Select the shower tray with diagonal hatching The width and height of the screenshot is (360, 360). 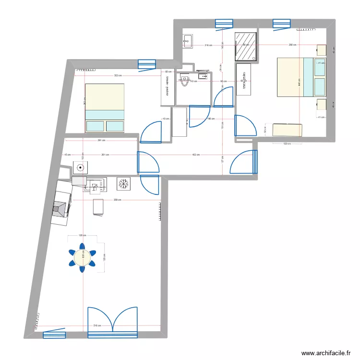point(246,46)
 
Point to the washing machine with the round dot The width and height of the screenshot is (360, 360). point(81,168)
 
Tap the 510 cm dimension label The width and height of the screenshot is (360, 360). point(97,326)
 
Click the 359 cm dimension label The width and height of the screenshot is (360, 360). point(117,200)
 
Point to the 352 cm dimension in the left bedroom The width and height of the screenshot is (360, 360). point(117,75)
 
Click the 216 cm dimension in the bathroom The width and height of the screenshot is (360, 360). point(208,46)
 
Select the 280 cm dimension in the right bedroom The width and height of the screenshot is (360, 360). point(292,45)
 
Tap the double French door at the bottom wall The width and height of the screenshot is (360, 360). point(112,319)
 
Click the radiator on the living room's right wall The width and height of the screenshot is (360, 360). point(159,211)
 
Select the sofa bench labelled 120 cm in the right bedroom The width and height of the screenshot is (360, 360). point(288,130)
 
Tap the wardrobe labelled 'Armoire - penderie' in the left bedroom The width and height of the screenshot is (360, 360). point(168,85)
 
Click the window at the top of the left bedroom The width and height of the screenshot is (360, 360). point(147,64)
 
